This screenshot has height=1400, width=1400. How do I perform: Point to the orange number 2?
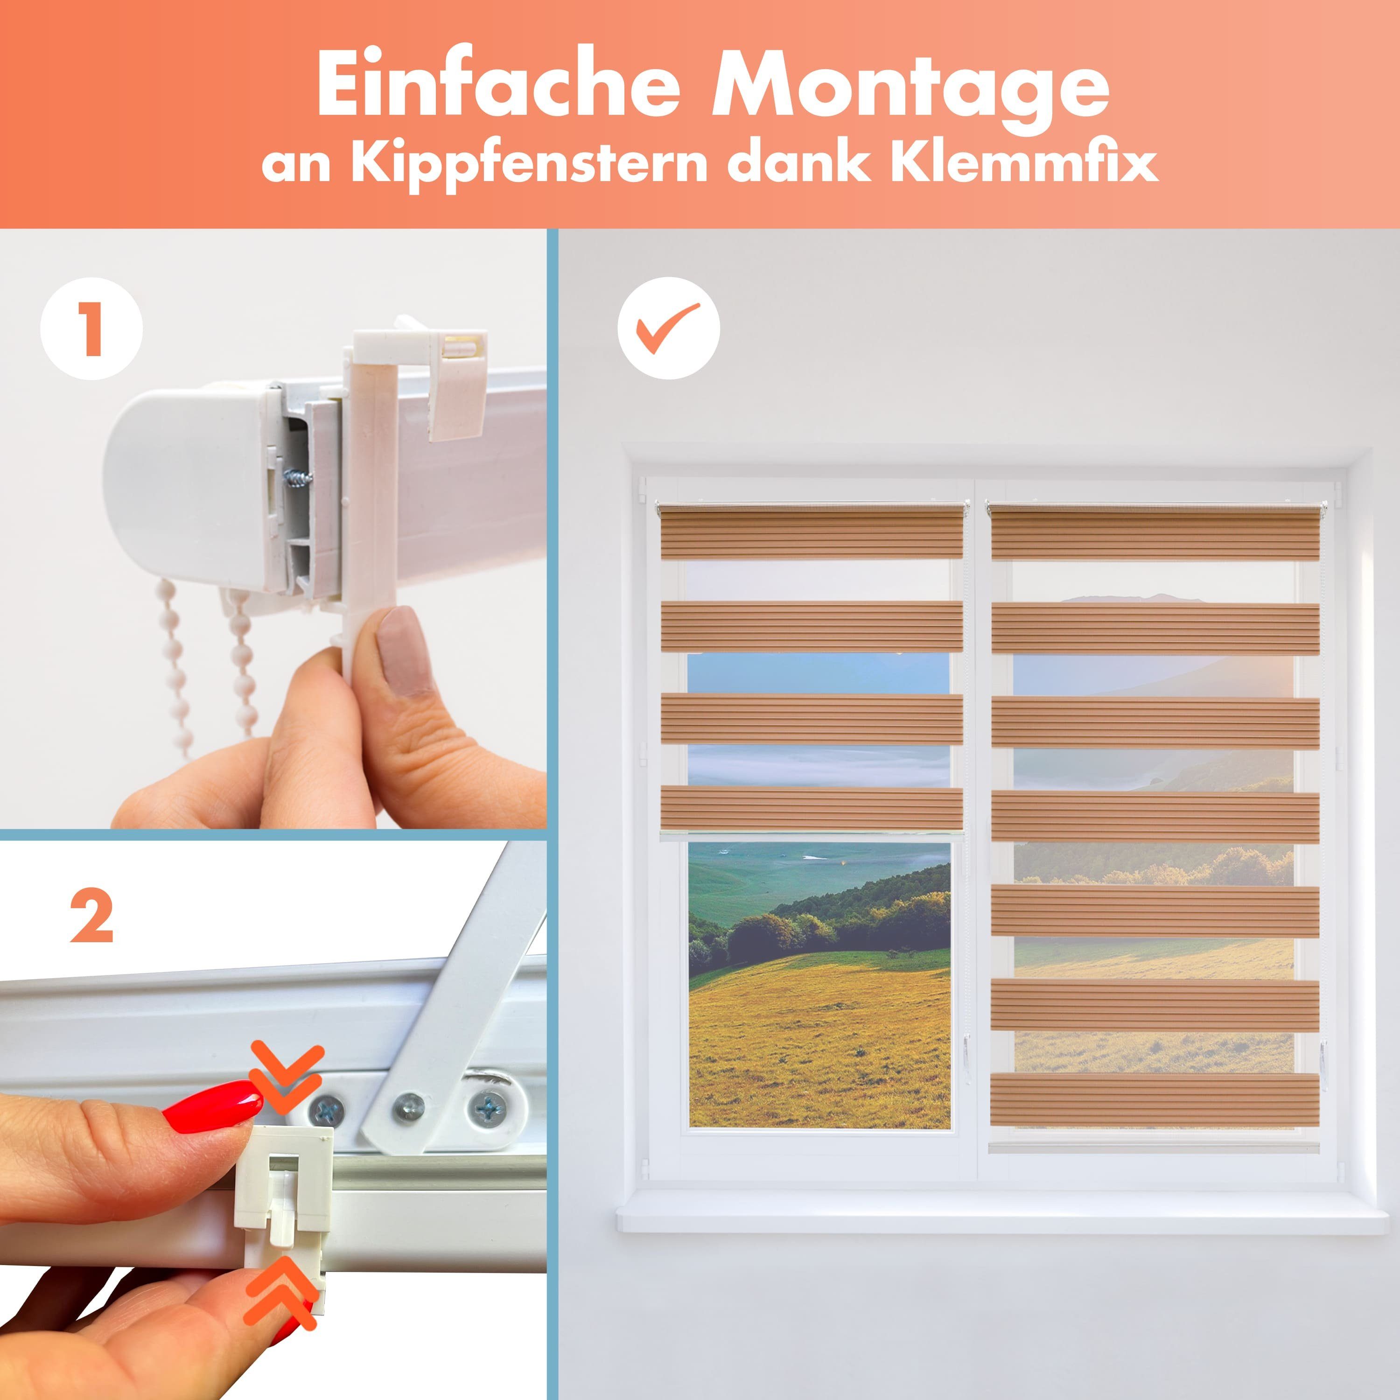coord(91,916)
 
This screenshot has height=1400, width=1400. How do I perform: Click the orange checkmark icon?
coord(668,328)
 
